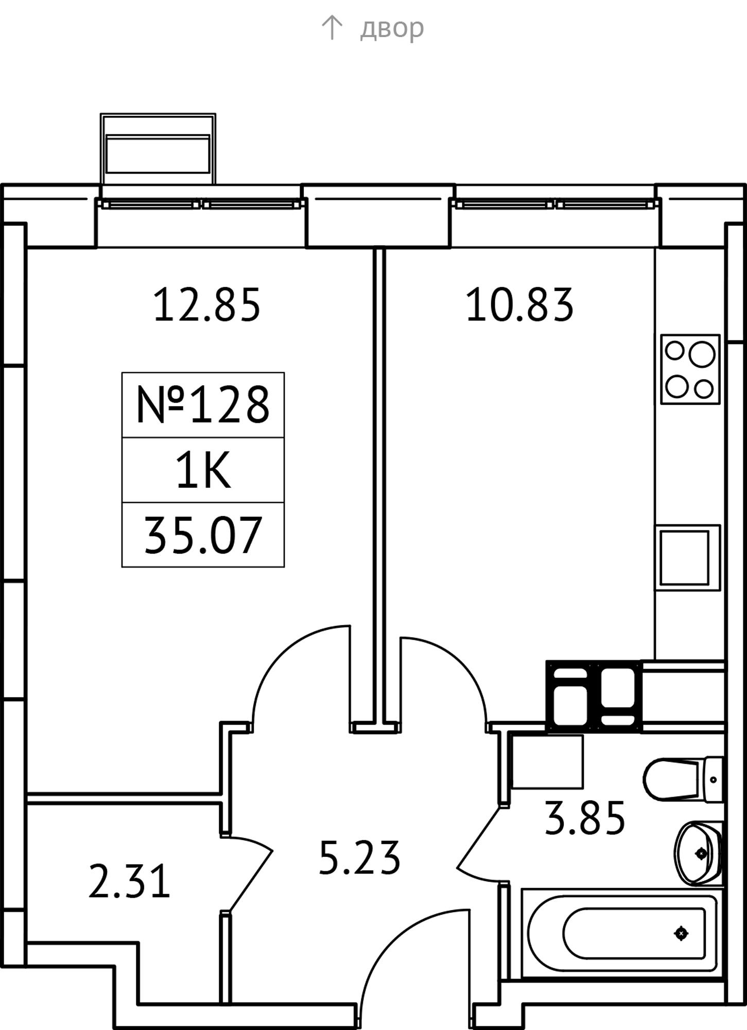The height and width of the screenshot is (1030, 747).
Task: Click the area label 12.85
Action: pyautogui.click(x=207, y=305)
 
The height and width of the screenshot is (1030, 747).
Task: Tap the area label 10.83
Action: pyautogui.click(x=519, y=305)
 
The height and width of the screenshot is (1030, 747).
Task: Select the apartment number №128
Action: pyautogui.click(x=203, y=405)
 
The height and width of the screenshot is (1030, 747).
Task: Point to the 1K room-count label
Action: pyautogui.click(x=203, y=471)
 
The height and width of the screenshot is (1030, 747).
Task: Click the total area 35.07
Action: pyautogui.click(x=203, y=536)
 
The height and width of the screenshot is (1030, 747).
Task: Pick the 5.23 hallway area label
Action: pyautogui.click(x=359, y=857)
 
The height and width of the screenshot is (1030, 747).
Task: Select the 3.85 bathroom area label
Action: pyautogui.click(x=585, y=817)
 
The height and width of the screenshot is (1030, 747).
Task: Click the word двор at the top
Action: pyautogui.click(x=392, y=28)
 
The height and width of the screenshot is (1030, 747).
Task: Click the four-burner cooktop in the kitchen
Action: pyautogui.click(x=690, y=369)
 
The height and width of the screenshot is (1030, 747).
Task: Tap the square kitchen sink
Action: pyautogui.click(x=687, y=558)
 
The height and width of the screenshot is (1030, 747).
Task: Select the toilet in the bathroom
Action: pyautogui.click(x=683, y=779)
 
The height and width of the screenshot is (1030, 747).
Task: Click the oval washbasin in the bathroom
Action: pyautogui.click(x=698, y=853)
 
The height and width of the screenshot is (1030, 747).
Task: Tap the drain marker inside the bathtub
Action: pyautogui.click(x=681, y=933)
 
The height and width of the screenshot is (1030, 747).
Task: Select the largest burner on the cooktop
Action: pyautogui.click(x=702, y=355)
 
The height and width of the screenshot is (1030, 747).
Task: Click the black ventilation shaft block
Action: pyautogui.click(x=594, y=696)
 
